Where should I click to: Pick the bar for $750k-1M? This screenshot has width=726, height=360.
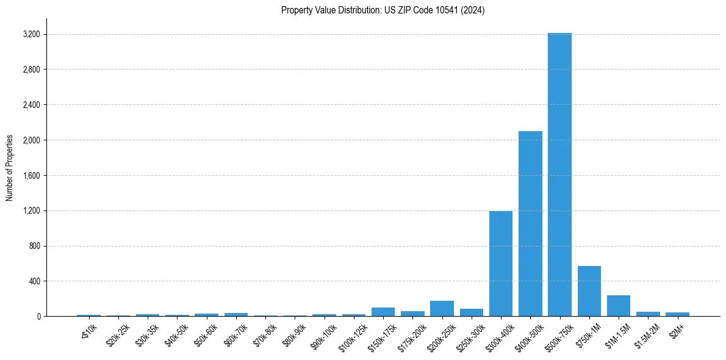[x=589, y=291]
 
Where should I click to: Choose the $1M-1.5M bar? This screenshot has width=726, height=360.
[x=618, y=306]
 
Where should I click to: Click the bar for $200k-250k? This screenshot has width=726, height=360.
[x=442, y=308]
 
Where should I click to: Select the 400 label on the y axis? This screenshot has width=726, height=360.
[x=34, y=281]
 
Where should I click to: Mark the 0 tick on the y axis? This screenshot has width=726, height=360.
[x=38, y=317]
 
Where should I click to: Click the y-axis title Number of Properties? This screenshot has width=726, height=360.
[x=10, y=168]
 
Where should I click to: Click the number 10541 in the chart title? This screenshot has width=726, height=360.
[x=447, y=10]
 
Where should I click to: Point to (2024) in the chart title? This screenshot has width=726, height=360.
[x=473, y=10]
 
